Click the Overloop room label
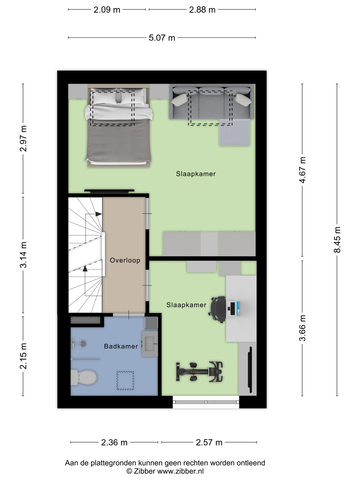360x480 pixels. tap(125, 260)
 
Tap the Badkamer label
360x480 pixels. tap(121, 346)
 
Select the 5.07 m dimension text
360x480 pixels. tap(162, 38)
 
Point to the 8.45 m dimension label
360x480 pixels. tap(337, 240)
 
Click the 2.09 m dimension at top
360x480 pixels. tap(107, 10)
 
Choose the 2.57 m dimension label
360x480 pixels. tap(209, 443)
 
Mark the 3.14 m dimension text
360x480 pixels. tap(23, 255)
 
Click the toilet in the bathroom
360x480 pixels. tap(84, 377)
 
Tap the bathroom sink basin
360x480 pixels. tap(150, 344)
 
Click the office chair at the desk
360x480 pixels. tap(217, 309)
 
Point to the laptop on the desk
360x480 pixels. tap(233, 309)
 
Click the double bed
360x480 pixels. tap(118, 126)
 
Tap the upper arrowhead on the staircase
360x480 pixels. tap(99, 214)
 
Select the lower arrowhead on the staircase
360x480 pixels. tap(85, 269)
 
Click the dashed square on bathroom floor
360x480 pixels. tap(125, 381)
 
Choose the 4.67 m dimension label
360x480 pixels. tap(302, 170)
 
